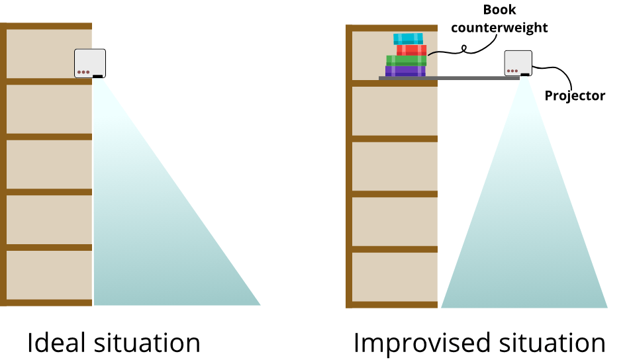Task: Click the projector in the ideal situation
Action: click(91, 64)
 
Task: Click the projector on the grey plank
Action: click(518, 63)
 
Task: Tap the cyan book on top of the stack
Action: click(408, 38)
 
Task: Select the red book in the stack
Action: click(411, 50)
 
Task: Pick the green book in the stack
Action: click(406, 60)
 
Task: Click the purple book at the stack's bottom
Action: click(405, 71)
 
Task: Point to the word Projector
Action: click(575, 96)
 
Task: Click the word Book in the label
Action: click(500, 11)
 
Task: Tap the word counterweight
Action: click(504, 28)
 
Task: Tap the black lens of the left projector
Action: click(98, 77)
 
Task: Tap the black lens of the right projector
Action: click(525, 75)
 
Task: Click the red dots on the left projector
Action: click(83, 72)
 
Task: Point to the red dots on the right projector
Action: click(512, 71)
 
